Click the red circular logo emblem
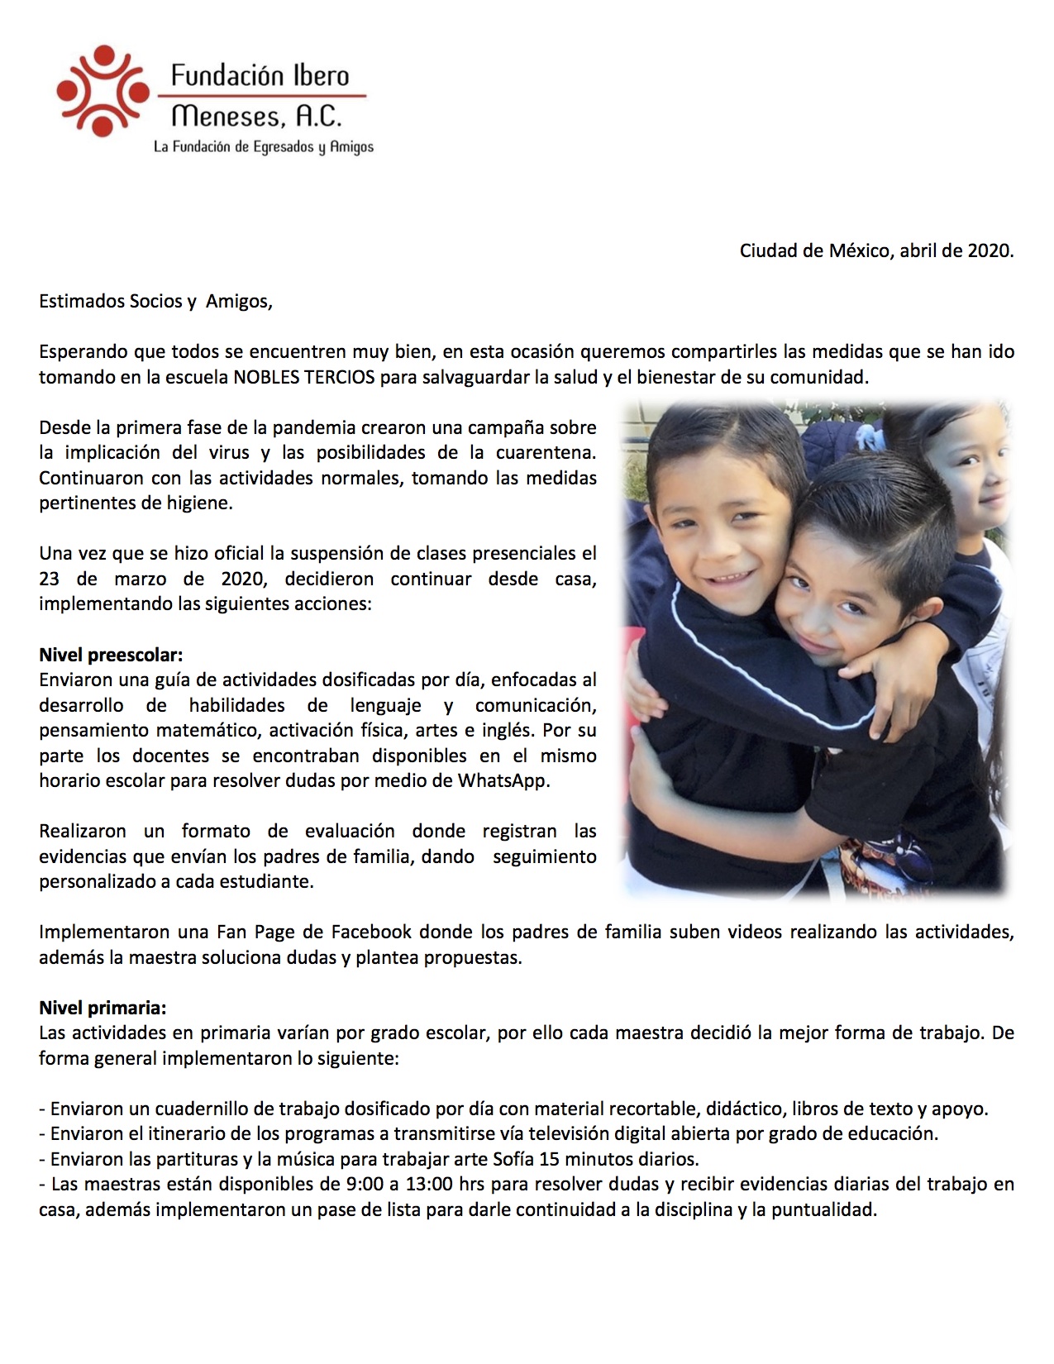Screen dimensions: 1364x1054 coord(103,90)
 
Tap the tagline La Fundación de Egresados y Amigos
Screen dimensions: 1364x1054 coord(264,147)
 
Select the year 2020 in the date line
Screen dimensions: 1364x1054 coord(989,250)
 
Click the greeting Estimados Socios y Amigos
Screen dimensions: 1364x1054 coord(155,301)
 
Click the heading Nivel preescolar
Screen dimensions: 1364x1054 coord(111,655)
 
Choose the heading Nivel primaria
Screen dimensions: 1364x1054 coord(103,1008)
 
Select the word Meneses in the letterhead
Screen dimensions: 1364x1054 coord(222,116)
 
